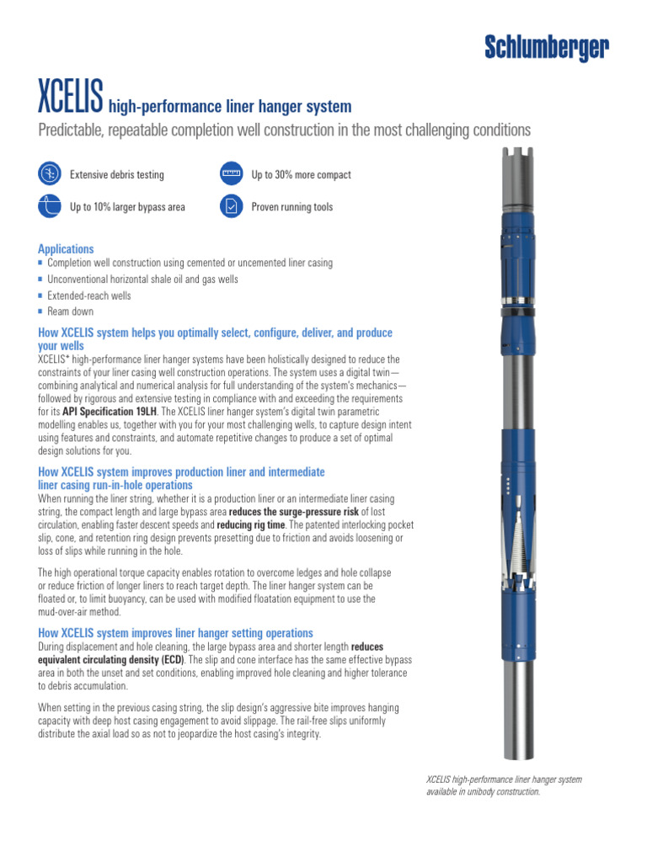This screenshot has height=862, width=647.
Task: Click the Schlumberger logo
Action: (546, 50)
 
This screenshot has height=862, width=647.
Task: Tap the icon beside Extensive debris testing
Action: (50, 174)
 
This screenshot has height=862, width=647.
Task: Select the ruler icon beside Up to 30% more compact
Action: (231, 174)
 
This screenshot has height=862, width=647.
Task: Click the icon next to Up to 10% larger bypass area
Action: (50, 206)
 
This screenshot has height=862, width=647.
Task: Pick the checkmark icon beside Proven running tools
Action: (231, 206)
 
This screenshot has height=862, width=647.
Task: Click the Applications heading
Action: (66, 249)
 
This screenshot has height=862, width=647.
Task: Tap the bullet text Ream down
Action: (71, 311)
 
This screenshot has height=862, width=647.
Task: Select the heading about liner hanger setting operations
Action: (175, 632)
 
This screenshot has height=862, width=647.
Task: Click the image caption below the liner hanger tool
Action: (504, 785)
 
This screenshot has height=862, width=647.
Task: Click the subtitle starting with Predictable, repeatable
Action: (284, 130)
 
